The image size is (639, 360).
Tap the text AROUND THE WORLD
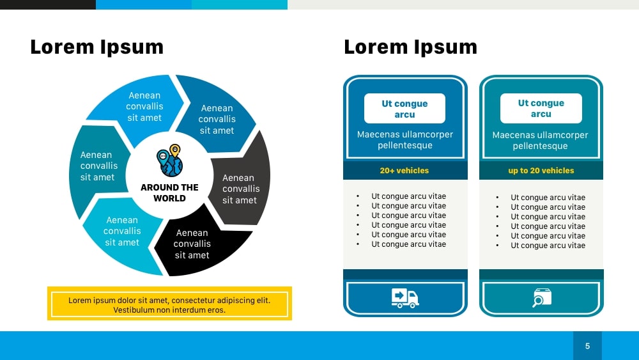coord(169,192)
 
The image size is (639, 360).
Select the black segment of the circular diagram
coord(197,244)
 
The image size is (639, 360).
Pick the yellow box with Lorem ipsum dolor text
coord(169,304)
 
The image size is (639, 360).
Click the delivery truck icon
coord(404,298)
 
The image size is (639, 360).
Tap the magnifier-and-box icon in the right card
coord(542,298)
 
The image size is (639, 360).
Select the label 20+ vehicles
coord(404,171)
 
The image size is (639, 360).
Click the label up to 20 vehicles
coord(541,171)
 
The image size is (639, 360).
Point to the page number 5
coord(587,346)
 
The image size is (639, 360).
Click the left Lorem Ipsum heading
coord(96,47)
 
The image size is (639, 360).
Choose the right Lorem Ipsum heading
coord(410,47)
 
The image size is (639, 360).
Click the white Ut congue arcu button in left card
coord(404,109)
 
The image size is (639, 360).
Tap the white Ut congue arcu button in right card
coord(541,109)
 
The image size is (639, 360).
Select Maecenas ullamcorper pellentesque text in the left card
coord(404,140)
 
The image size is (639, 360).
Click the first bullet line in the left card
coord(408,196)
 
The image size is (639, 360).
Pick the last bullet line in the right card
coord(548,246)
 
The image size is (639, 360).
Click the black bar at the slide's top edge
coord(48,4)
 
